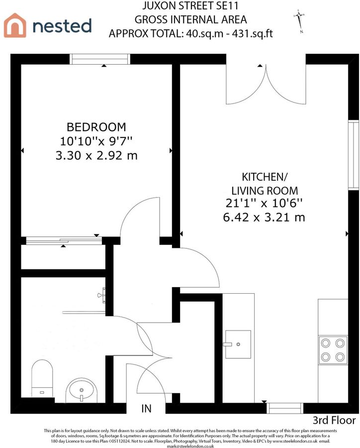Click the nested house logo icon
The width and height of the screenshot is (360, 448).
[15, 25]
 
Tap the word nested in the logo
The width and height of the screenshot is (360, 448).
[62, 25]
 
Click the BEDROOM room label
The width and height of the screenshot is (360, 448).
[96, 127]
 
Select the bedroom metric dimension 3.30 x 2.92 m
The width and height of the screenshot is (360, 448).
[96, 155]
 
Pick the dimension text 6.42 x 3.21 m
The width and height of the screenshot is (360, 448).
[265, 217]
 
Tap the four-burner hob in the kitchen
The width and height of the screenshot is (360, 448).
[333, 350]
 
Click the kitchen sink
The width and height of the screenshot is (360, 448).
[239, 344]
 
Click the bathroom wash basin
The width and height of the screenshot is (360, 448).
[82, 390]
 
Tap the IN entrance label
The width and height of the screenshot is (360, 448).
[146, 409]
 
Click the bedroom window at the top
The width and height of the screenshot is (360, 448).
[100, 59]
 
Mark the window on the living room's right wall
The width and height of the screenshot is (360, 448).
[354, 155]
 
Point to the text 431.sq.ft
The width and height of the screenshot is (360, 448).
[247, 33]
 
